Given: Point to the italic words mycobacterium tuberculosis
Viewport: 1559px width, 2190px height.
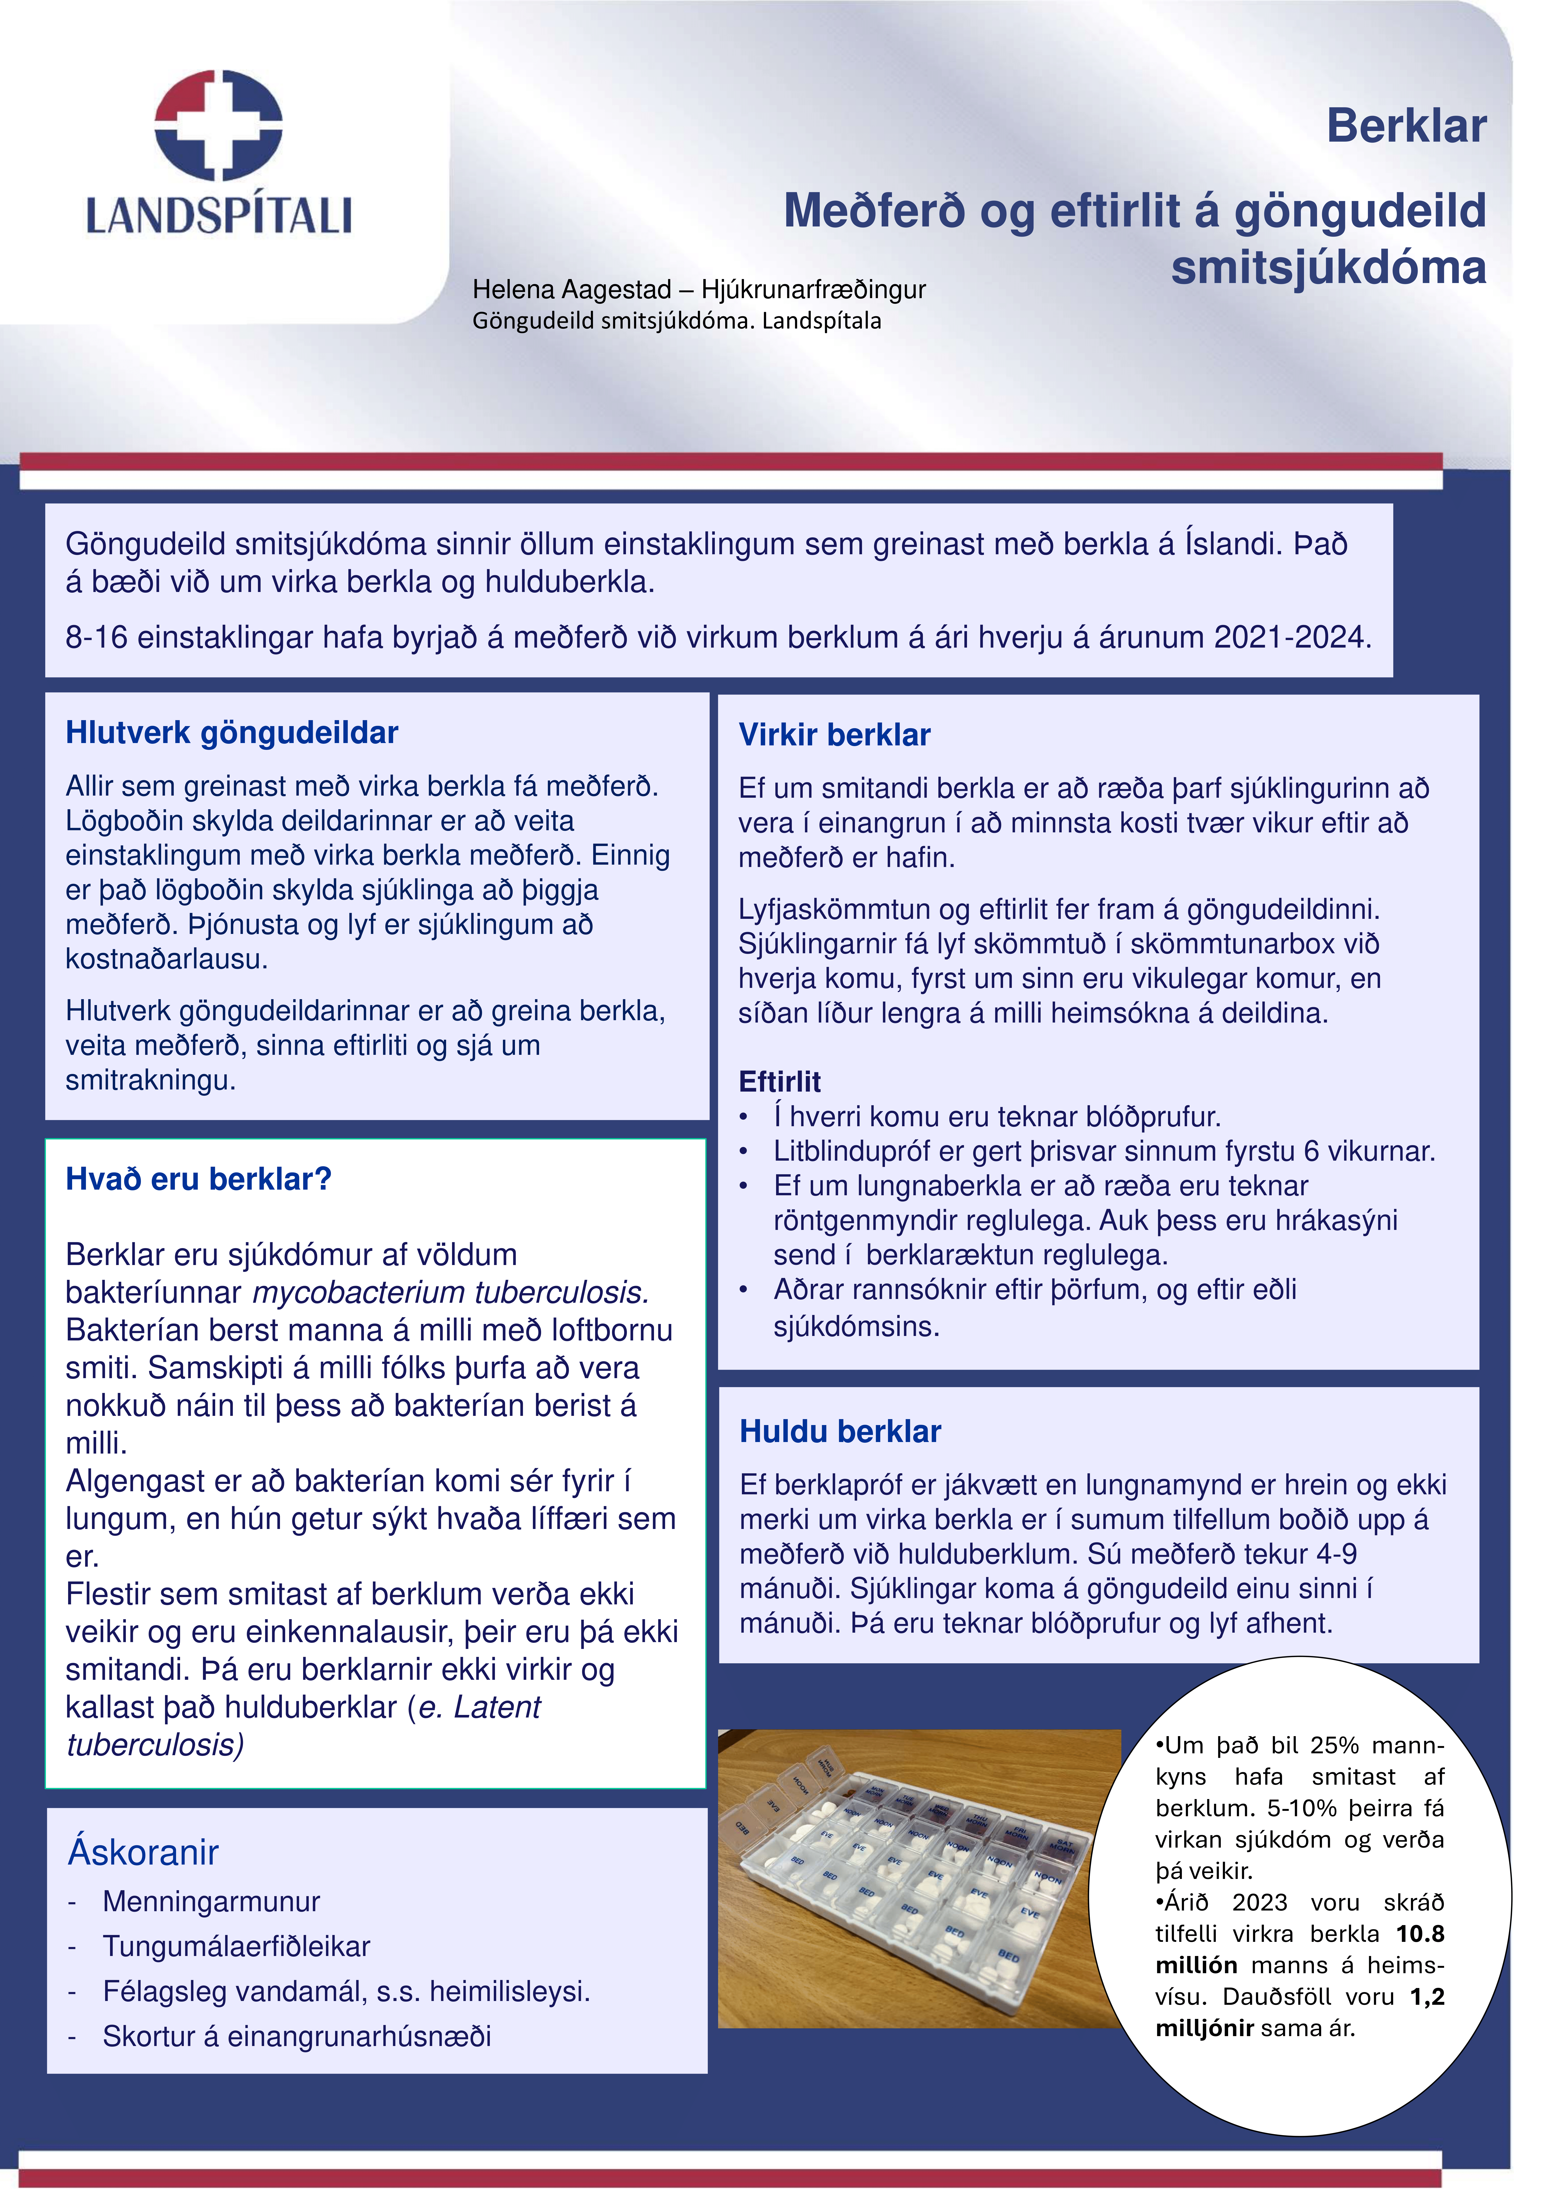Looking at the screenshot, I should point(450,1293).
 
